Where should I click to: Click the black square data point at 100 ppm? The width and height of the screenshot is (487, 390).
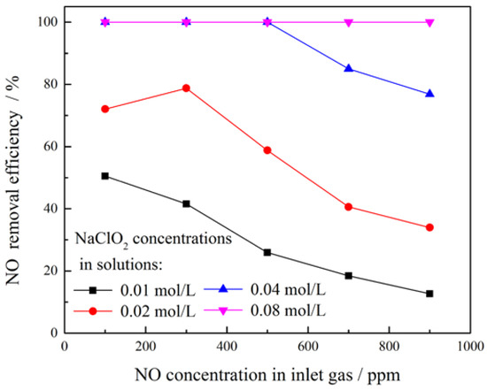[105, 176]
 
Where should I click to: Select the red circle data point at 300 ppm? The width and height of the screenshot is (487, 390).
[186, 88]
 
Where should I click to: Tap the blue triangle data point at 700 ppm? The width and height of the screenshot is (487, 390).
[349, 68]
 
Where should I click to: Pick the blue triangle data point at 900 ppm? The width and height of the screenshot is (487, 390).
[429, 94]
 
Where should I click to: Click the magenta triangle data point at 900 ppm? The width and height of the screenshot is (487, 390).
[429, 22]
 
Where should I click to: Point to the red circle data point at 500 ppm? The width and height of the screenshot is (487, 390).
[267, 150]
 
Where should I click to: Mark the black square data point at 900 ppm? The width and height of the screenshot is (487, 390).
[429, 294]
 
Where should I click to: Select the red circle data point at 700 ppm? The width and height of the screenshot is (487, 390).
[349, 207]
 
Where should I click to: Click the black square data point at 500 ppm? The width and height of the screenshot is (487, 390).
[267, 252]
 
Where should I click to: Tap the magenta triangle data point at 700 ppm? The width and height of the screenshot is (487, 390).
[349, 22]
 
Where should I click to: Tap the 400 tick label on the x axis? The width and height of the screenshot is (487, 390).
[227, 348]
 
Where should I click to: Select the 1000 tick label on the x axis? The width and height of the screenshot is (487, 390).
[469, 348]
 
